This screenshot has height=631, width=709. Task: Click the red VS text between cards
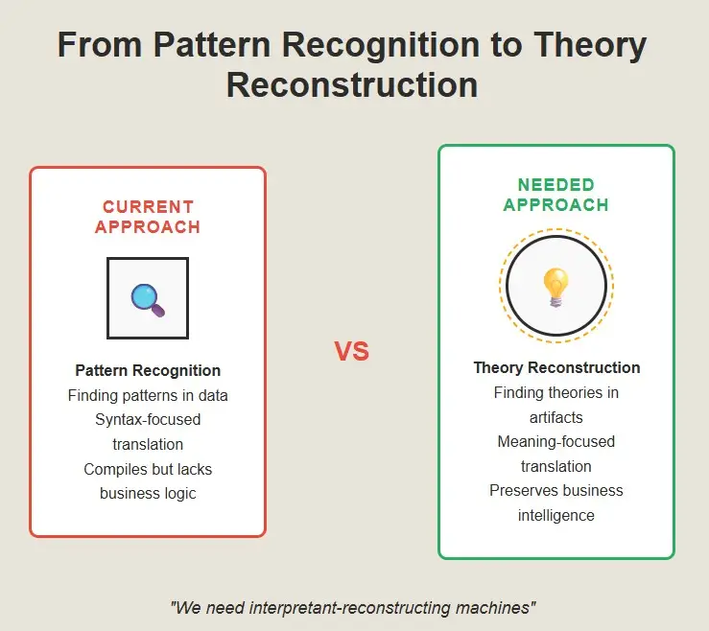[x=352, y=351]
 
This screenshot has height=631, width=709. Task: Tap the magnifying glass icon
[x=148, y=300]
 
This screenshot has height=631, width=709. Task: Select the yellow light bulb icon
[x=555, y=287]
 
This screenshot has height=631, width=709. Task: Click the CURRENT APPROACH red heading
[x=148, y=217]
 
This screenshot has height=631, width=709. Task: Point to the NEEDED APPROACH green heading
[x=556, y=195]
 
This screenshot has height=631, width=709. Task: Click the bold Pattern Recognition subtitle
[x=148, y=371]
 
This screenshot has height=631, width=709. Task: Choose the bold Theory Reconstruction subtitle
[x=556, y=368]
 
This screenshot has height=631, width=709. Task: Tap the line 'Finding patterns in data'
[x=148, y=395]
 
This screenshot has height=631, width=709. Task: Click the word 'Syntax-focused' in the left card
[x=148, y=420]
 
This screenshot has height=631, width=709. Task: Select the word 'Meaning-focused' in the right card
[x=556, y=442]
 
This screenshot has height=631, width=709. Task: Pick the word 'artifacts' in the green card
[x=556, y=417]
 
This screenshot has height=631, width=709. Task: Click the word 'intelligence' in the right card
[x=556, y=515]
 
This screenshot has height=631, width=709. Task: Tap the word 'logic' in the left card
[x=180, y=494]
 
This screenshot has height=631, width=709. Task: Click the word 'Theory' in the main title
[x=590, y=46]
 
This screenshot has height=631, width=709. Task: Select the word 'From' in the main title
[x=100, y=45]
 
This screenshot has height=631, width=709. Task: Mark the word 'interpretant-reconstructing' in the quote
[x=349, y=608]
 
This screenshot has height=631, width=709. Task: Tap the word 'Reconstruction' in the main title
[x=352, y=85]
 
